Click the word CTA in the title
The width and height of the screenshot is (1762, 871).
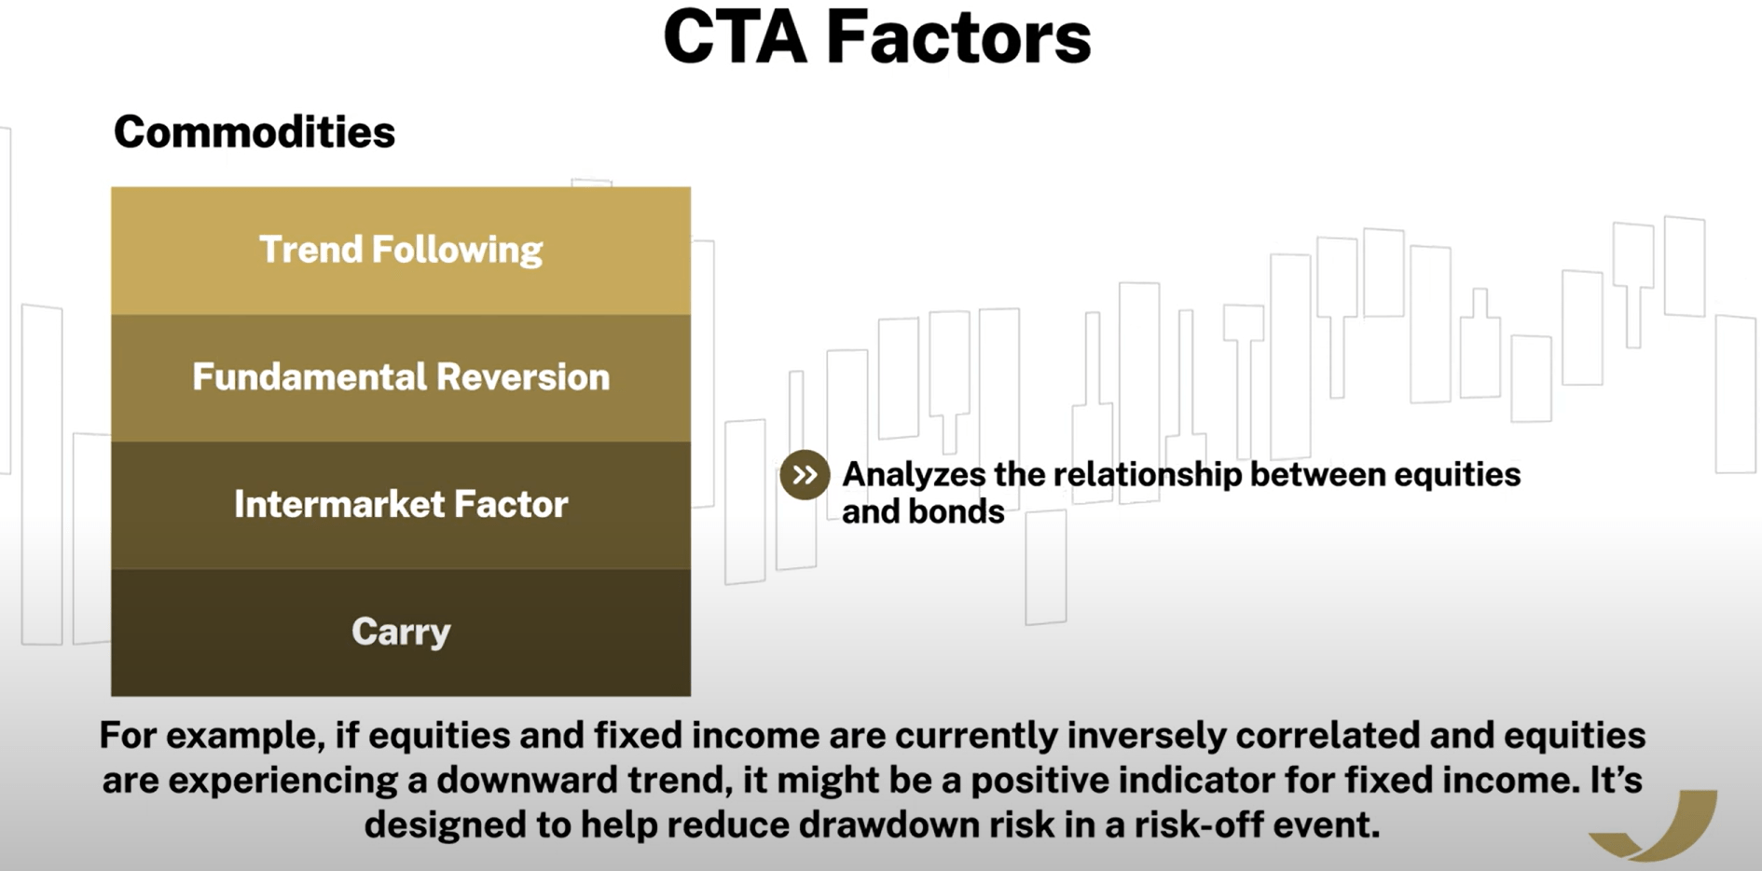pos(735,37)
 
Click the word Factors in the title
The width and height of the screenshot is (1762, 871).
pos(958,37)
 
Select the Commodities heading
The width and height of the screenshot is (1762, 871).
pos(255,132)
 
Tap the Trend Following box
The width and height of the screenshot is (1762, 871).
pos(401,251)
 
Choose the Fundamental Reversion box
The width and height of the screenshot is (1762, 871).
pos(401,378)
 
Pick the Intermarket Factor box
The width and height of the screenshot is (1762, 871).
pos(401,506)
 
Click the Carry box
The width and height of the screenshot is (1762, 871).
pos(401,633)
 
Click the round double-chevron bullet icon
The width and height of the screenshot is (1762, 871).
pos(805,475)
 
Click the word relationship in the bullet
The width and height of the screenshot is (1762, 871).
pos(1148,474)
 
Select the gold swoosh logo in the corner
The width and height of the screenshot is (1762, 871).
pos(1655,825)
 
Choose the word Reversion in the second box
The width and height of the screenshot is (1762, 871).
pos(523,377)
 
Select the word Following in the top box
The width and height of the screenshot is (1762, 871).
pos(457,251)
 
